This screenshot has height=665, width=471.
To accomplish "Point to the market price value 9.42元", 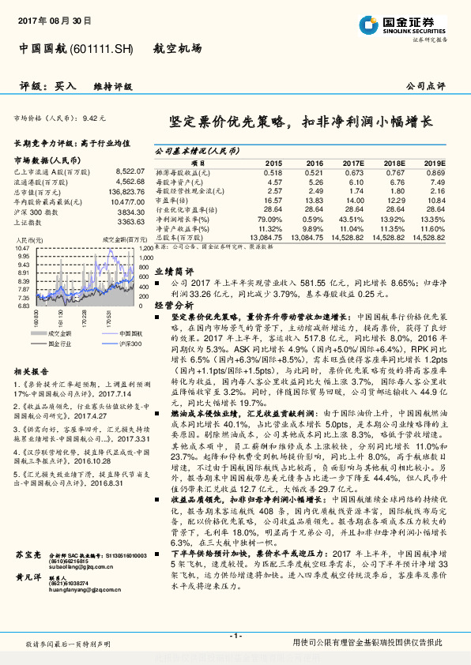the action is (x=93, y=118).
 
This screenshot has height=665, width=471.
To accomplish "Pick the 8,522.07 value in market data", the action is (x=130, y=170).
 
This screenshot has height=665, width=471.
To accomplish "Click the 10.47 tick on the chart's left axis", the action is (x=23, y=248).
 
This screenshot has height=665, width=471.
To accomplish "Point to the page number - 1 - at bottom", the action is (x=236, y=636).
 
